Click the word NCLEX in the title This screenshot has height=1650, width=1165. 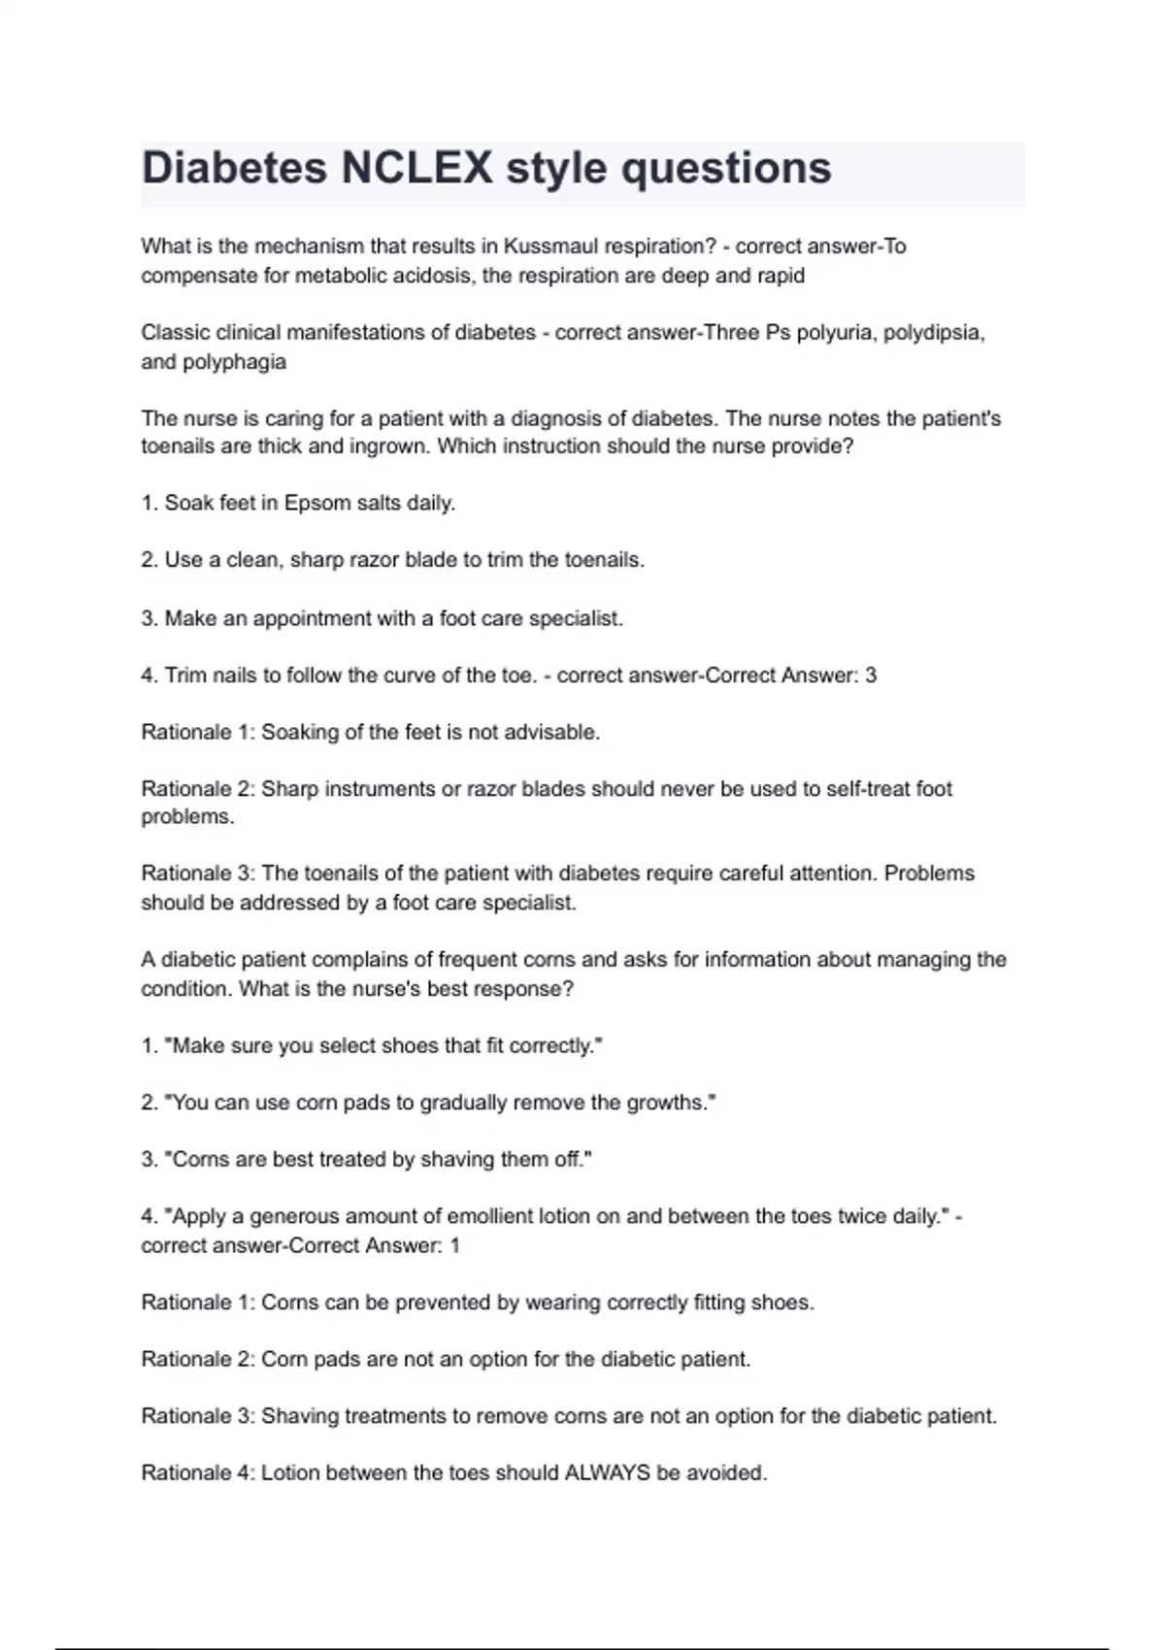[x=416, y=168]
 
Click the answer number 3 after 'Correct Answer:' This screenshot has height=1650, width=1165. [x=871, y=676]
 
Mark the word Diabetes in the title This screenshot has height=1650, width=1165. [x=234, y=168]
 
